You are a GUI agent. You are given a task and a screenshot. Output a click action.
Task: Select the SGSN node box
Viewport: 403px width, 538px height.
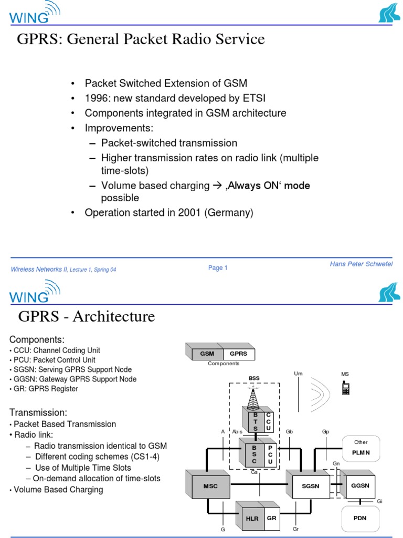click(x=310, y=486)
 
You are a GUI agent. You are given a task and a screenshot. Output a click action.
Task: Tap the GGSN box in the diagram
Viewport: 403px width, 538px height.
click(x=360, y=485)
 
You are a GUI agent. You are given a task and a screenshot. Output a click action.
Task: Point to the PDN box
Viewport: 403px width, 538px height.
click(x=360, y=518)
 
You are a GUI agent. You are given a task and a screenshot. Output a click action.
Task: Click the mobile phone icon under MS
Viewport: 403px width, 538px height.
click(x=345, y=388)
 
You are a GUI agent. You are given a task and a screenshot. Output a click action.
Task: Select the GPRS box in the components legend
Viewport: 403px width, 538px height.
click(x=238, y=354)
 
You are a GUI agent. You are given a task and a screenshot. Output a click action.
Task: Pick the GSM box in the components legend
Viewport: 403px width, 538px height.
click(x=207, y=354)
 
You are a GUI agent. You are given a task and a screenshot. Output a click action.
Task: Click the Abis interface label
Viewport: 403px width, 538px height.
click(x=238, y=431)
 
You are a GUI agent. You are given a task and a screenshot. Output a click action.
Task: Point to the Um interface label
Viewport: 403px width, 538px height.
click(x=298, y=374)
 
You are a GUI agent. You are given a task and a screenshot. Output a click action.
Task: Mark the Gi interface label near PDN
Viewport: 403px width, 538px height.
click(x=380, y=501)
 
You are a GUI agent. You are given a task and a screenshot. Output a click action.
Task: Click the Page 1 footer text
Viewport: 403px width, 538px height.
click(x=218, y=268)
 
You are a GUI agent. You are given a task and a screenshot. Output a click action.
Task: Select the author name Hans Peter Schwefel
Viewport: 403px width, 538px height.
click(x=361, y=264)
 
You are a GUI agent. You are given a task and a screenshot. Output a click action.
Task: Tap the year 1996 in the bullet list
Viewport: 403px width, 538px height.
click(x=96, y=98)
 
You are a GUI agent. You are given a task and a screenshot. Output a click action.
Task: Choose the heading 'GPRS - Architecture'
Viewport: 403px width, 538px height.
click(x=87, y=316)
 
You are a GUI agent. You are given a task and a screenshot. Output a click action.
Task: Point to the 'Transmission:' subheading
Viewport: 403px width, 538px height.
click(x=38, y=412)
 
